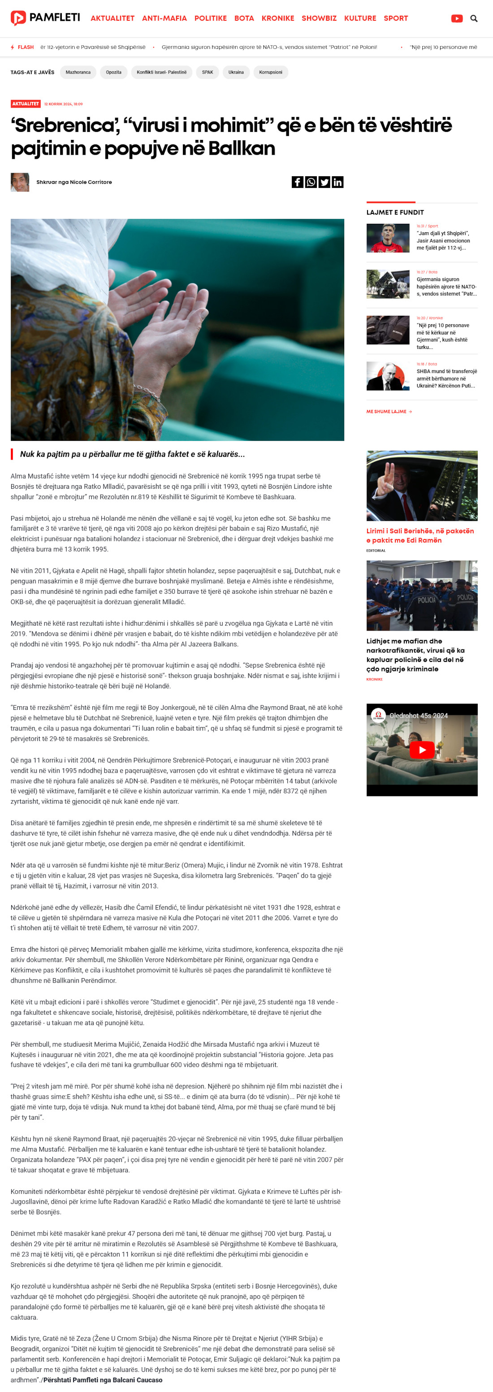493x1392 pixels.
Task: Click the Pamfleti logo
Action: (x=45, y=18)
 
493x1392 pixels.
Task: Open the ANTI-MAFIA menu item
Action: (x=164, y=18)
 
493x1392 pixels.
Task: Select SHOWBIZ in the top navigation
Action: (x=319, y=18)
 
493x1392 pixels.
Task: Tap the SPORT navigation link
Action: (x=395, y=18)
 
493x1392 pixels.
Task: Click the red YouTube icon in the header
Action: (x=456, y=18)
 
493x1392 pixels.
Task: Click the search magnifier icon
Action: (x=474, y=18)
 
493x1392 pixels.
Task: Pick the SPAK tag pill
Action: (x=208, y=72)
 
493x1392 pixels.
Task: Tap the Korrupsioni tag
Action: (x=271, y=72)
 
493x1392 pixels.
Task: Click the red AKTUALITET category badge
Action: (x=26, y=104)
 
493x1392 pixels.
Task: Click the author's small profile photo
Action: (x=20, y=182)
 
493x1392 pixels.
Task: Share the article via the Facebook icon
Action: (x=298, y=182)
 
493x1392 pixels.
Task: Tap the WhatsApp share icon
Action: (x=311, y=182)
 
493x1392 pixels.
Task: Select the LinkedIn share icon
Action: (x=337, y=182)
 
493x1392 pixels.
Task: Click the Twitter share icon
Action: (x=324, y=182)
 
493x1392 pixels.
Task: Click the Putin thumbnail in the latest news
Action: (x=388, y=376)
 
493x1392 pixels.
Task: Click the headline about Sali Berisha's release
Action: (x=419, y=535)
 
